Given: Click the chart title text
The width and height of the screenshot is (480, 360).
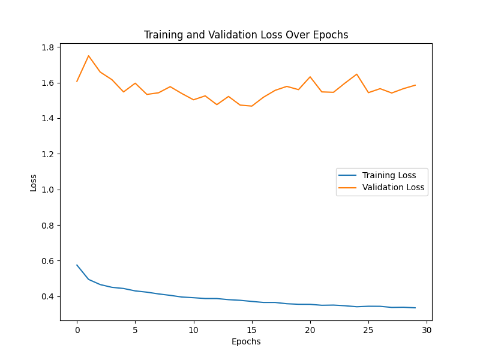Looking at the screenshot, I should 246,35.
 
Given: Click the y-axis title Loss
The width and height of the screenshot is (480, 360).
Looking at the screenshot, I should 34,182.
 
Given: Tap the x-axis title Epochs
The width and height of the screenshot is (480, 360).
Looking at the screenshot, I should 246,341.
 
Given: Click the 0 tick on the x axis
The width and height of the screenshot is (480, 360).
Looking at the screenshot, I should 77,329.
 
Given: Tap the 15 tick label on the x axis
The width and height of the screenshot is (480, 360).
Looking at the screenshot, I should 251,329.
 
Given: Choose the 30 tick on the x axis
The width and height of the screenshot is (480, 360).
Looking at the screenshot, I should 427,329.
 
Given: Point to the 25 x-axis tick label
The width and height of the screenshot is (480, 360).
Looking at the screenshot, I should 368,329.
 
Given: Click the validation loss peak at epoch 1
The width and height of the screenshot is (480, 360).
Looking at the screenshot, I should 89,56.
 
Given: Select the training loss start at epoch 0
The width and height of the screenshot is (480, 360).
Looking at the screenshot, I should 77,265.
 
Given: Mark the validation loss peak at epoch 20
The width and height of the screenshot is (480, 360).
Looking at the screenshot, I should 310,77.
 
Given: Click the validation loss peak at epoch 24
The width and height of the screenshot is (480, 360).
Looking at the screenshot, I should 357,74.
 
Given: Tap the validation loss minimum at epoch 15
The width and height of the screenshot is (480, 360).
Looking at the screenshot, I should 251,106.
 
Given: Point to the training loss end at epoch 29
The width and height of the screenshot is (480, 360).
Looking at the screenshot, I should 415,308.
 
